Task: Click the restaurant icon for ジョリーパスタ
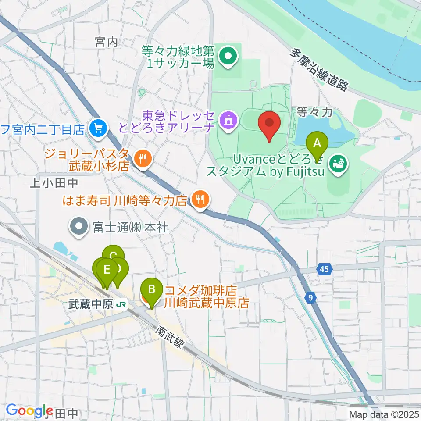(141, 159)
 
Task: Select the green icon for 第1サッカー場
(228, 56)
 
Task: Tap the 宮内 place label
(107, 42)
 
